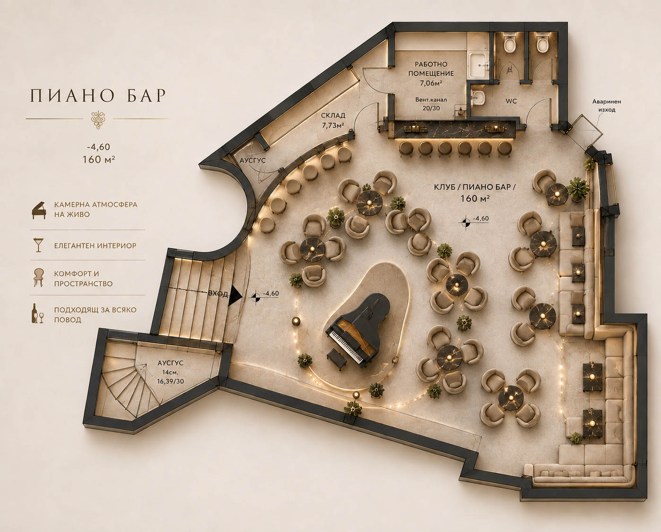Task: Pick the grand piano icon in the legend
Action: [39, 210]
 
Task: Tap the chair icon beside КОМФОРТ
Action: [39, 278]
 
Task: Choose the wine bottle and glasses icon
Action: [38, 314]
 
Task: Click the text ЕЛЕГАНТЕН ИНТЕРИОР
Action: [95, 246]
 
